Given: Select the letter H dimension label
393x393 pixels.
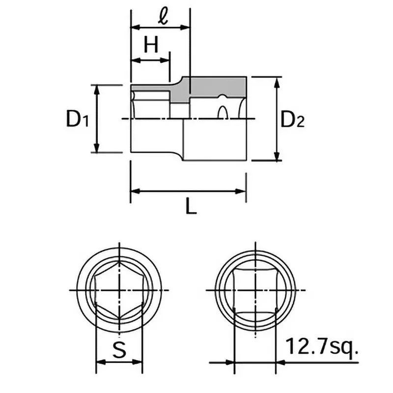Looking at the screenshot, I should click(x=151, y=45).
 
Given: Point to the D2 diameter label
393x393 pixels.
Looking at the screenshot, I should click(x=292, y=119).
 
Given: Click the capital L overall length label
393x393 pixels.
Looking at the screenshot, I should click(x=191, y=207).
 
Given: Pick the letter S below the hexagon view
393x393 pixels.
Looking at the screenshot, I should click(x=119, y=350).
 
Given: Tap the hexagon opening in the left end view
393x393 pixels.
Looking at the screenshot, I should click(x=119, y=290).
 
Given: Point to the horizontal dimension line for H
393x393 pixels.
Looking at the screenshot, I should click(x=150, y=60).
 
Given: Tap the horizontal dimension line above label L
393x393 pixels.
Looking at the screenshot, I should click(x=188, y=191).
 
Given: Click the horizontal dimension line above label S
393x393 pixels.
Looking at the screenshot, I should click(x=119, y=363).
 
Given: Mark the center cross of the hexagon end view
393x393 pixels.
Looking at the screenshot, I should click(x=119, y=290).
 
